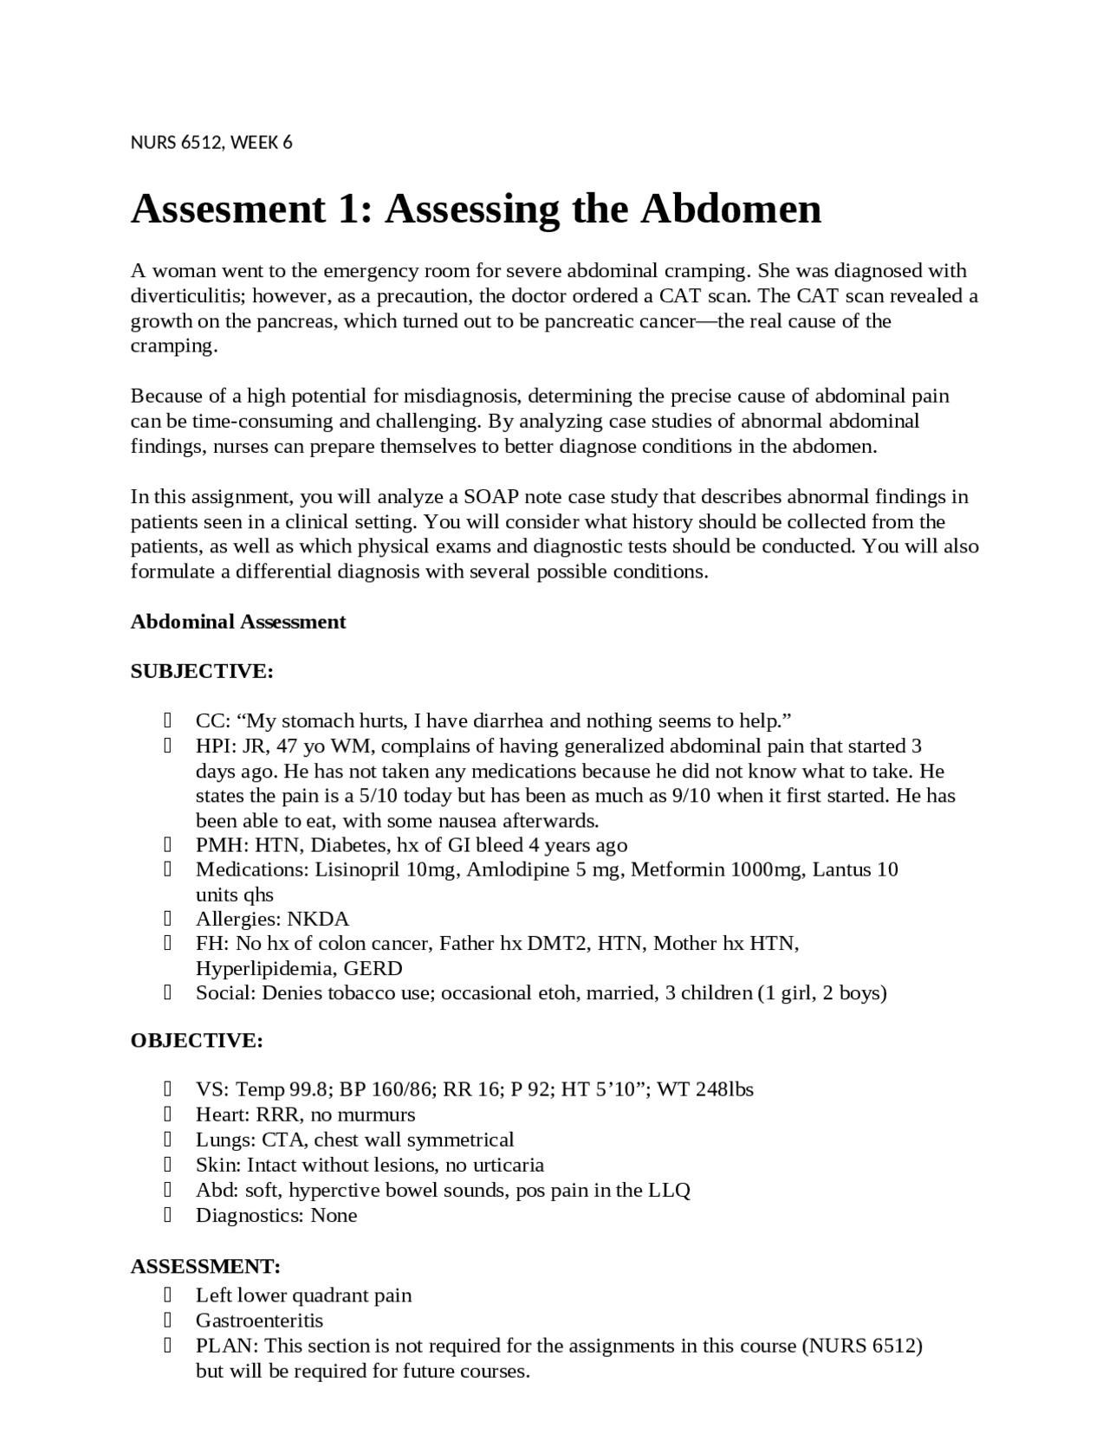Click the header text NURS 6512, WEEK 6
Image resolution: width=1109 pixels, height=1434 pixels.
[x=211, y=142]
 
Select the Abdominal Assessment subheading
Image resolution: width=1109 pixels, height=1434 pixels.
[x=238, y=622]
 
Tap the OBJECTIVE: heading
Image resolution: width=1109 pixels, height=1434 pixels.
[x=197, y=1040]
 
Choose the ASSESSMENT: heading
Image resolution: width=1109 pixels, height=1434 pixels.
[x=205, y=1266]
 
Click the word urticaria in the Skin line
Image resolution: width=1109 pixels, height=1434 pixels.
[x=508, y=1165]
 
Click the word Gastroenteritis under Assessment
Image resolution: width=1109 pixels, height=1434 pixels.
[x=259, y=1321]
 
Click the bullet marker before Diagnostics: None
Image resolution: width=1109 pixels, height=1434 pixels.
[x=166, y=1215]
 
